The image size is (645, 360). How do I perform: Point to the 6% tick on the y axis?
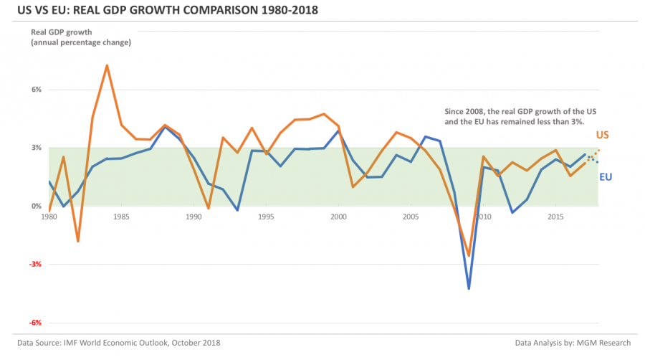pos(36,90)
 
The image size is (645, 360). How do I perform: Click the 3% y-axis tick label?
pos(36,148)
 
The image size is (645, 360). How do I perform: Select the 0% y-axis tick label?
pos(36,206)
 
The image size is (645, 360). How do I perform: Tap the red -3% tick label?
pos(36,264)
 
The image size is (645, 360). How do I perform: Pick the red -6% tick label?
pos(36,323)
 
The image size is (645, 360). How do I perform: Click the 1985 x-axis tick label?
pos(121,216)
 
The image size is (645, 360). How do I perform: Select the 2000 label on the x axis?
pos(338,216)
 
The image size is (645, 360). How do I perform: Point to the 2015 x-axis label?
pos(555,216)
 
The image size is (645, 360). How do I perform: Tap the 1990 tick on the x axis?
pos(193,216)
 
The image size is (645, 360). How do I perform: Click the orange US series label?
pos(604,136)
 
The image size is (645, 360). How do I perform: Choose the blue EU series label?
pos(606,176)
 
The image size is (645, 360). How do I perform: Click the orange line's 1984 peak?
pos(107,65)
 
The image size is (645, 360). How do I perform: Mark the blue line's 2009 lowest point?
pos(469,289)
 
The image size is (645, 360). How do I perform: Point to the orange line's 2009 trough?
pos(469,256)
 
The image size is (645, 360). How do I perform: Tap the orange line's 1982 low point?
pos(77,242)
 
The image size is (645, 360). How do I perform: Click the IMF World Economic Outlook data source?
pos(118,344)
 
